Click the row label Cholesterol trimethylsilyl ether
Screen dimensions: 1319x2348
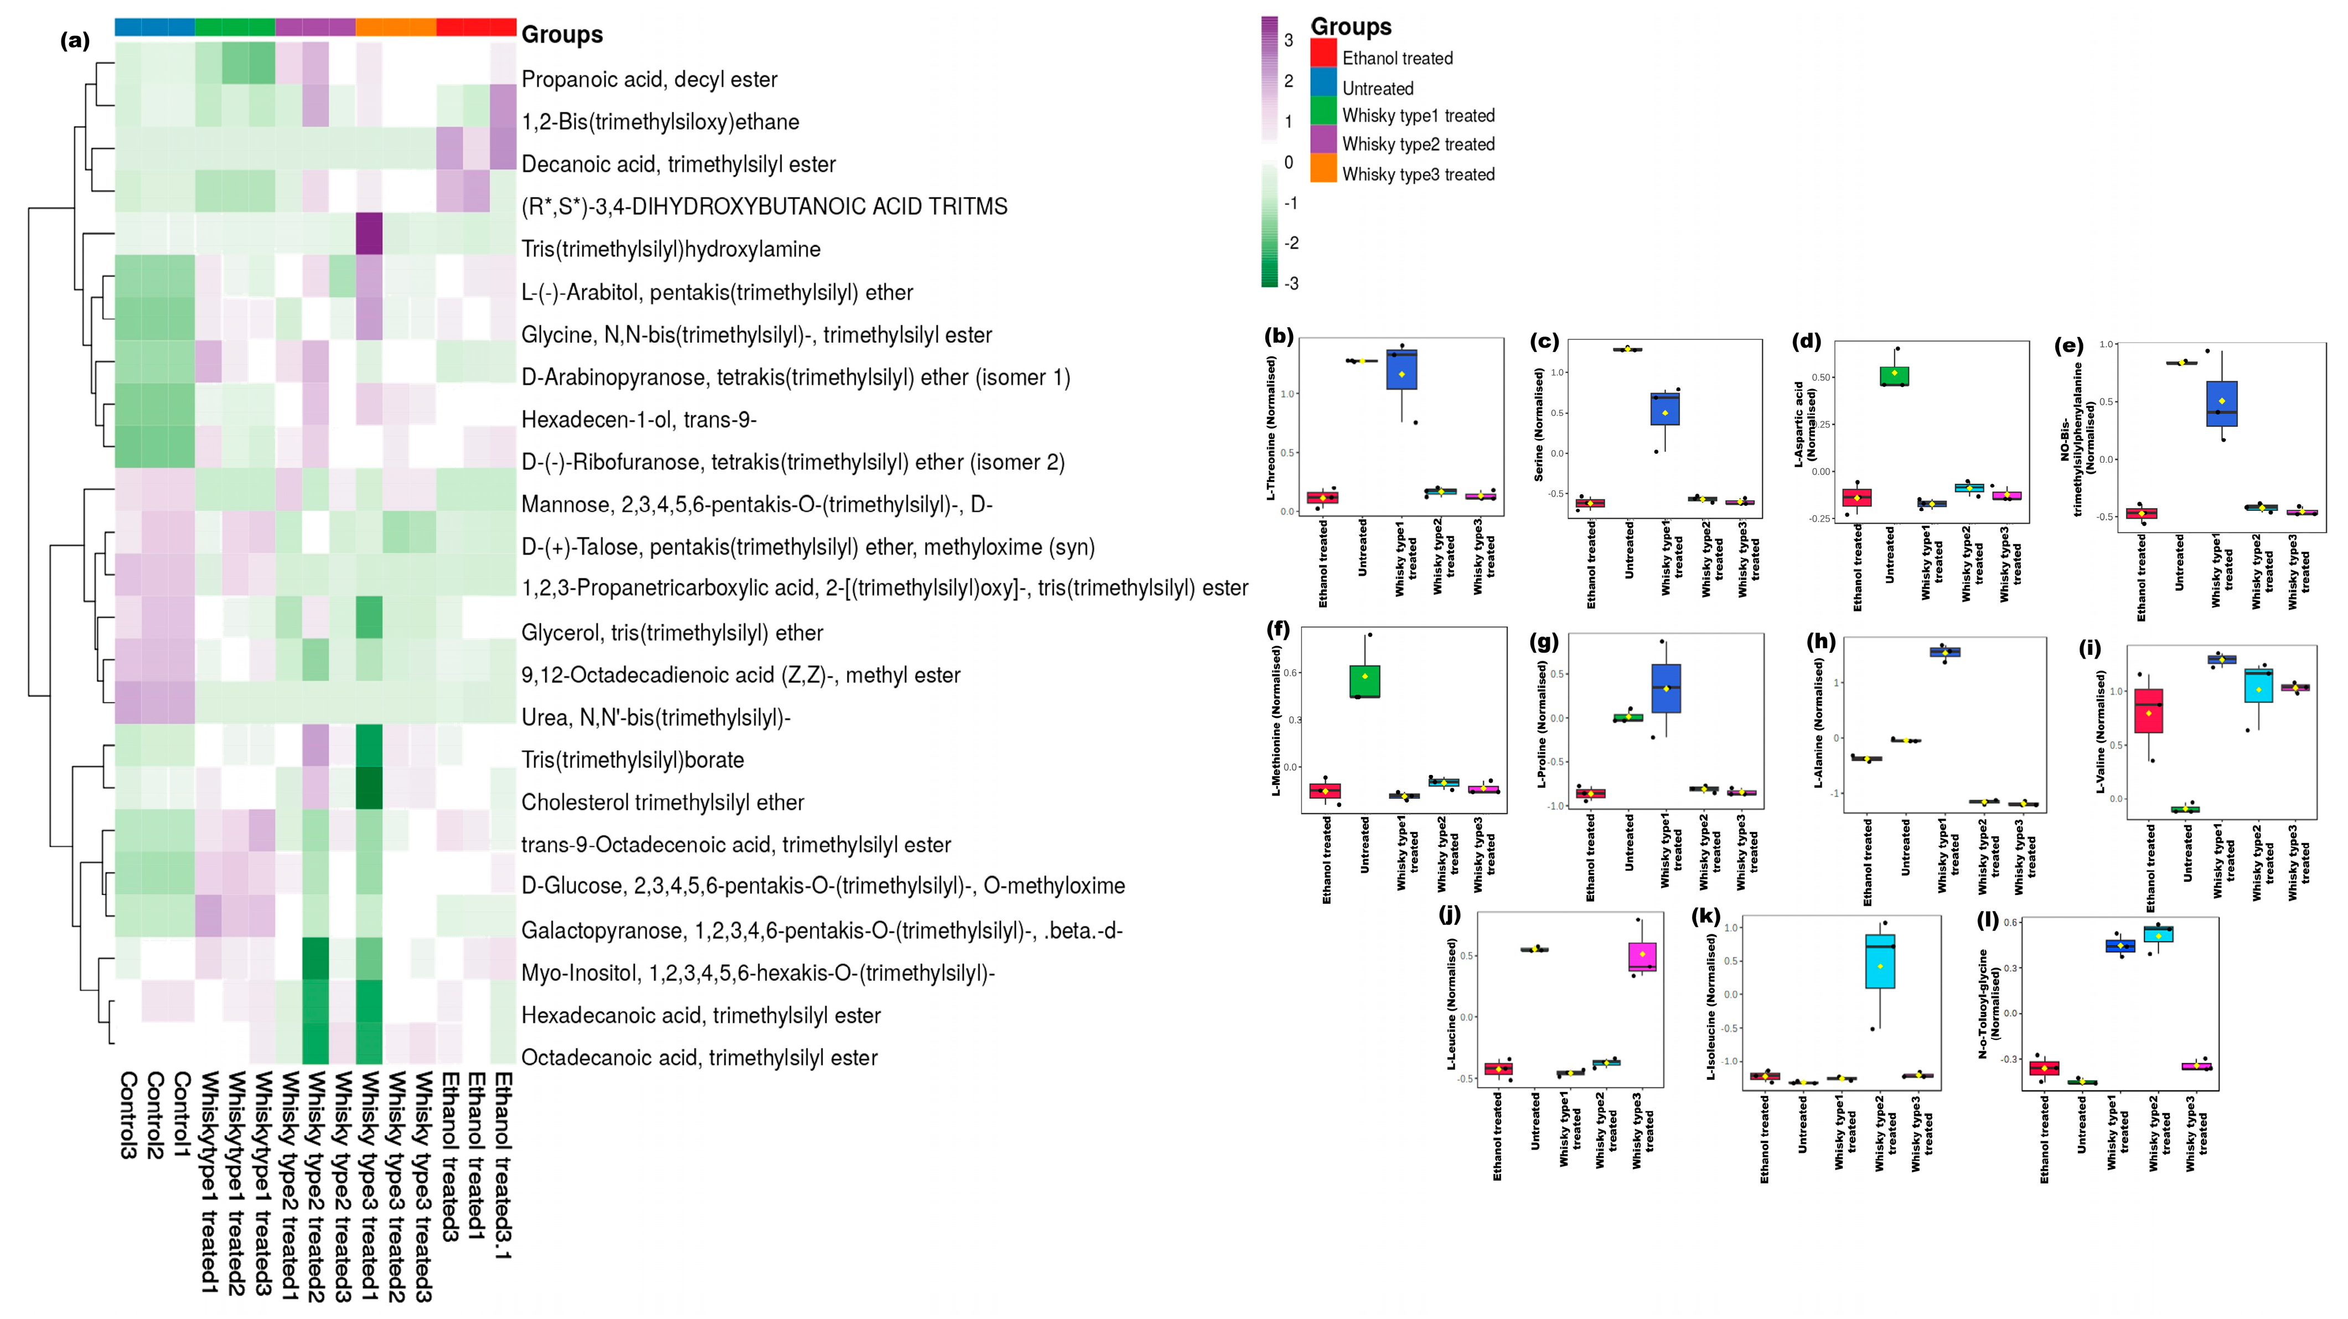tap(663, 802)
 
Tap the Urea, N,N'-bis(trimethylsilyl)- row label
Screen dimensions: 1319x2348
tap(655, 717)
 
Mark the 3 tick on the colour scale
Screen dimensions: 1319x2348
tap(1289, 40)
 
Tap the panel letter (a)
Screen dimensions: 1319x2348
tap(75, 40)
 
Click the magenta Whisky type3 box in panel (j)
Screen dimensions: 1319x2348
tap(1642, 957)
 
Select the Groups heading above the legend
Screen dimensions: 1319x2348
tap(1351, 27)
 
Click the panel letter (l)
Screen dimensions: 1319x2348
tap(1987, 920)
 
